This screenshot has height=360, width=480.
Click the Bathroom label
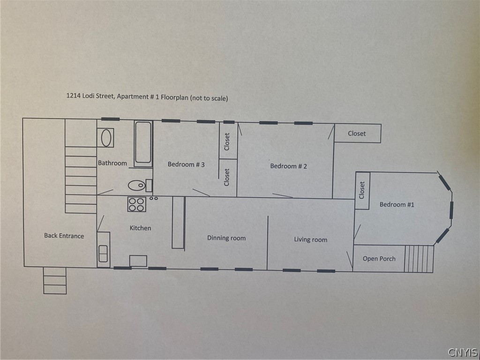pyautogui.click(x=112, y=163)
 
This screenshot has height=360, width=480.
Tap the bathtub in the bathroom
pyautogui.click(x=143, y=143)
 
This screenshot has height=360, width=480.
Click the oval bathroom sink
pyautogui.click(x=105, y=138)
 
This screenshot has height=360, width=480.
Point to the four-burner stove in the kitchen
pyautogui.click(x=137, y=204)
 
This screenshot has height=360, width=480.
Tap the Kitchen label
pyautogui.click(x=140, y=228)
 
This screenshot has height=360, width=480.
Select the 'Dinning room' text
pyautogui.click(x=226, y=238)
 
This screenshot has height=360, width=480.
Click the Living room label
pyautogui.click(x=310, y=240)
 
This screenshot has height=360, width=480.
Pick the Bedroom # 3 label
pyautogui.click(x=186, y=165)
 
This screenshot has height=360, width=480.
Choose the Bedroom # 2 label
pyautogui.click(x=288, y=166)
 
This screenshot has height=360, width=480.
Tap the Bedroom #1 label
pyautogui.click(x=397, y=204)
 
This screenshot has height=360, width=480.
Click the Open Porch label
pyautogui.click(x=379, y=259)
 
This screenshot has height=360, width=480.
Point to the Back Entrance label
pyautogui.click(x=64, y=236)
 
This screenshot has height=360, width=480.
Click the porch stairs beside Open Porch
pyautogui.click(x=419, y=259)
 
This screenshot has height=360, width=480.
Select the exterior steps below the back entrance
pyautogui.click(x=55, y=280)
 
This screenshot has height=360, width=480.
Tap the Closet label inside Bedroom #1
pyautogui.click(x=362, y=190)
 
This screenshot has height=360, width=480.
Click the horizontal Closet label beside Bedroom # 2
pyautogui.click(x=357, y=134)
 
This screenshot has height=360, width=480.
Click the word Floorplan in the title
pyautogui.click(x=174, y=97)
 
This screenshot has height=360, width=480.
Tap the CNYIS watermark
pyautogui.click(x=463, y=352)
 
